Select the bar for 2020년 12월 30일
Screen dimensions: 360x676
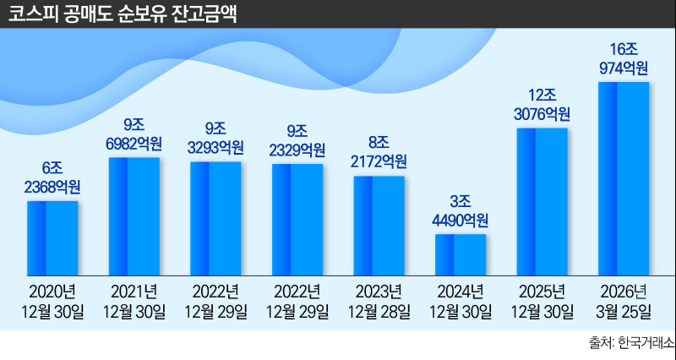(52, 237)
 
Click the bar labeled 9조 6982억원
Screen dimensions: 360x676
(134, 216)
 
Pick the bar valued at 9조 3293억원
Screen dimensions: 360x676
(215, 218)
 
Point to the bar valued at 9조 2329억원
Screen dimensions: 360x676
(297, 220)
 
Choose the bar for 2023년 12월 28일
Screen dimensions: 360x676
(379, 226)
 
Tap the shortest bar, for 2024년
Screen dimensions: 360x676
(461, 254)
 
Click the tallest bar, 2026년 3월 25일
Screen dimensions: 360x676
(624, 178)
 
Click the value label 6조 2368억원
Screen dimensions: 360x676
(52, 177)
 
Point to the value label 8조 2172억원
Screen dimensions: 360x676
(379, 152)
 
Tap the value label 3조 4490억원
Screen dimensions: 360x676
(461, 211)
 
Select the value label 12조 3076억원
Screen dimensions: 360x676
(542, 104)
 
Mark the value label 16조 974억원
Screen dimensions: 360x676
(624, 58)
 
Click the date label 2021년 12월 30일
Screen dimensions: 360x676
(134, 302)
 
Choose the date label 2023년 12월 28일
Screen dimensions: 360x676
(379, 302)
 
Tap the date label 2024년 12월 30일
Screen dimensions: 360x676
(461, 302)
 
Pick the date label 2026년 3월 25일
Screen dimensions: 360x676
(624, 302)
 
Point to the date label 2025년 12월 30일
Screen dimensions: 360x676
(542, 302)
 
